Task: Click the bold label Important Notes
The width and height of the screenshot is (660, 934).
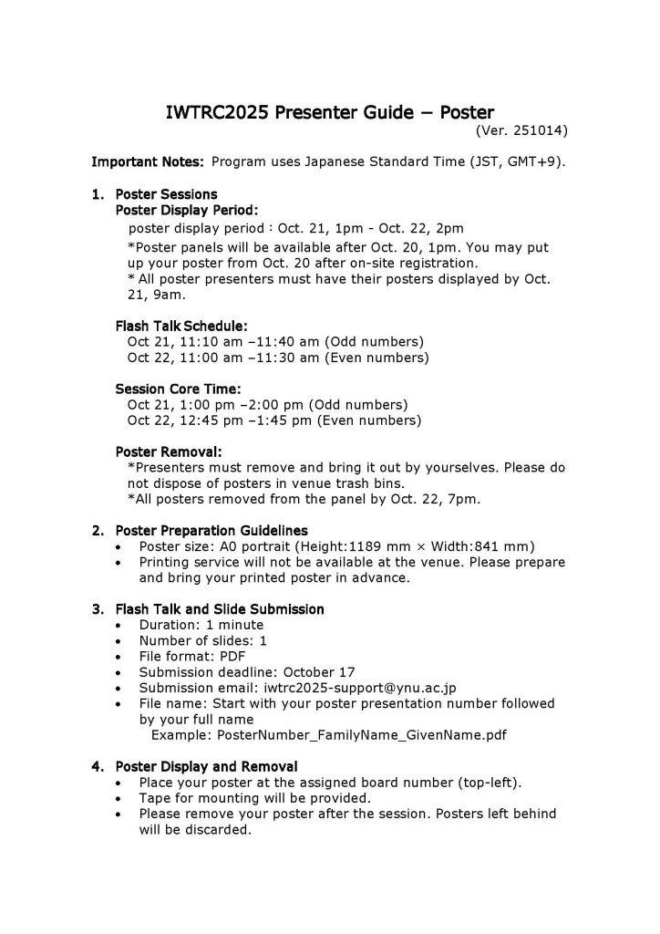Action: tap(148, 162)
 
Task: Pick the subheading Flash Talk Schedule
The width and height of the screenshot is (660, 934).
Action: tap(181, 326)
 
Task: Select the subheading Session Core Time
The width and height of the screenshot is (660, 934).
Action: tap(178, 389)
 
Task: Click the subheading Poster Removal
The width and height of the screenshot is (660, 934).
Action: tap(169, 451)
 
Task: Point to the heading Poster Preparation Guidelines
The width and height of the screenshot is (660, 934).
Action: tap(211, 530)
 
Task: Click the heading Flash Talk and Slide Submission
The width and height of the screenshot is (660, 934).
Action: tap(219, 608)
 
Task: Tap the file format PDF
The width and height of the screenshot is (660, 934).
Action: tap(231, 656)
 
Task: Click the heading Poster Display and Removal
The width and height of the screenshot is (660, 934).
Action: tap(205, 766)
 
